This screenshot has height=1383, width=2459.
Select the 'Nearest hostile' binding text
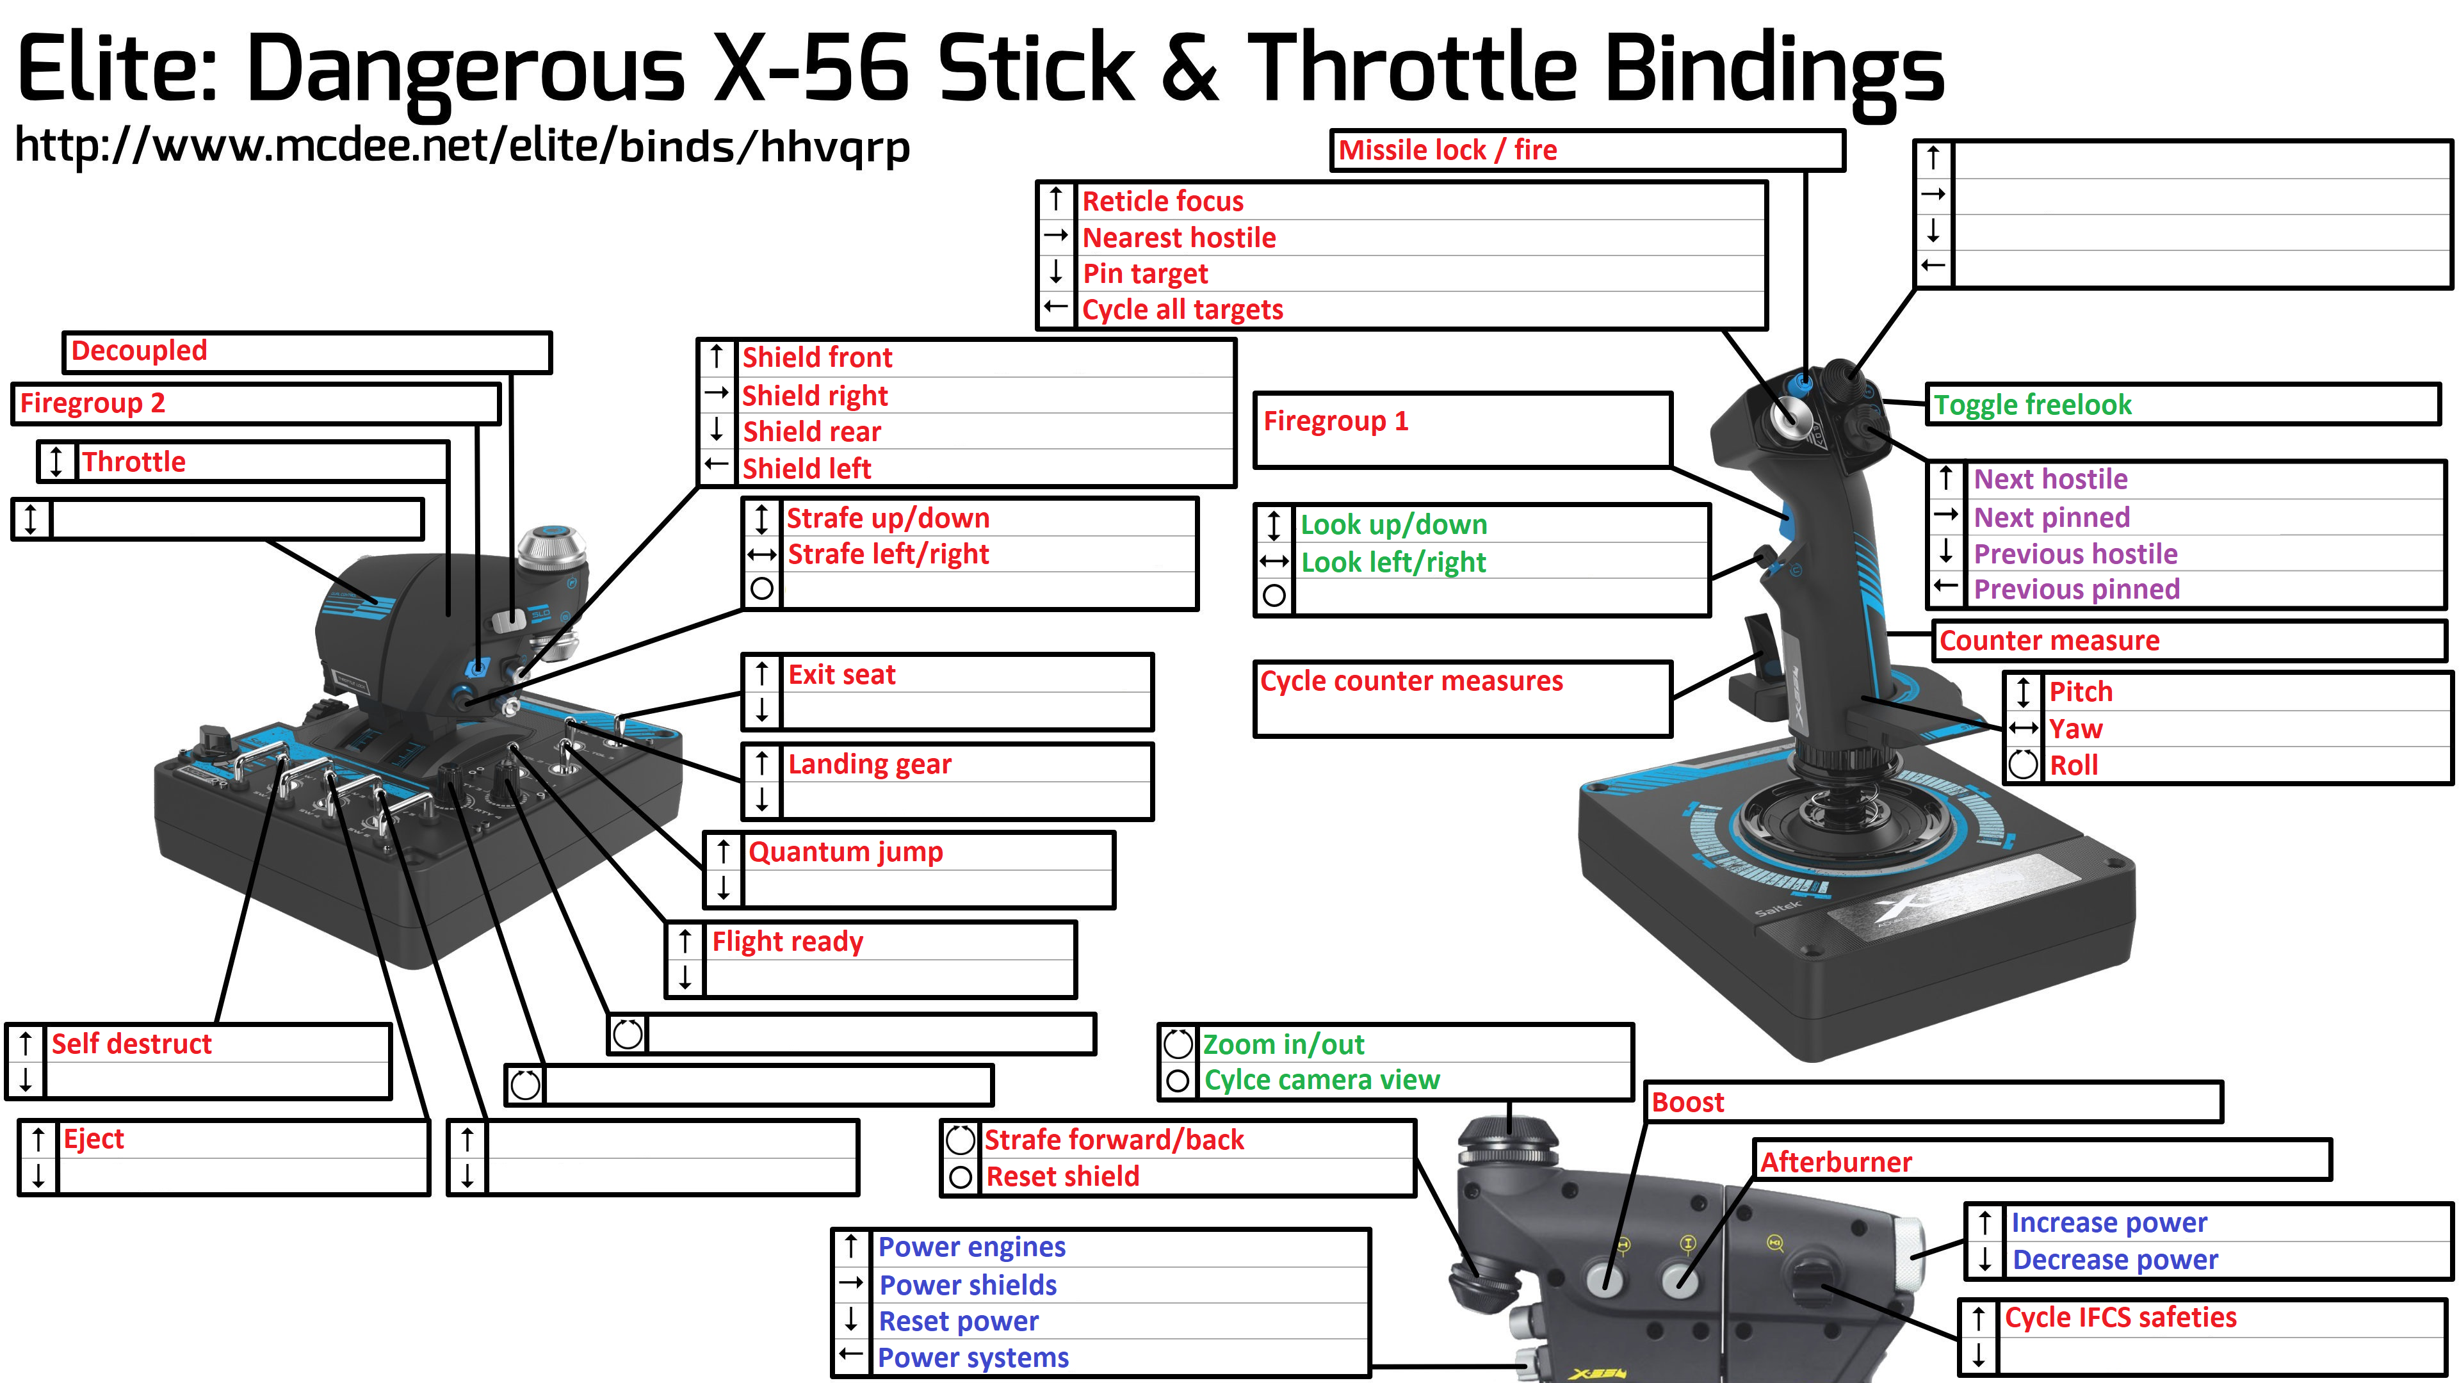point(1179,238)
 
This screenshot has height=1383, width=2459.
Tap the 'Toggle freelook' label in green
point(2033,405)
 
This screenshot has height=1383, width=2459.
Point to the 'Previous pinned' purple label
point(2076,589)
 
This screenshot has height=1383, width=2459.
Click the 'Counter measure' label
point(2049,640)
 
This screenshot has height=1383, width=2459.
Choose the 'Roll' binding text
point(2074,766)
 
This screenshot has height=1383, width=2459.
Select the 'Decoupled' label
point(140,352)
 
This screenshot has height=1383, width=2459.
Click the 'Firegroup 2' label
point(93,403)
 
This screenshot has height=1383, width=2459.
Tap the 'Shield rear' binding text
point(811,432)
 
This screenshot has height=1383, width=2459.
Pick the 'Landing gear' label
point(870,764)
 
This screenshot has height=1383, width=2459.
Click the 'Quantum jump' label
point(845,852)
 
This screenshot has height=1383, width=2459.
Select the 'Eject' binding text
point(93,1138)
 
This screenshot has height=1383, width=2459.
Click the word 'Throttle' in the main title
point(1412,69)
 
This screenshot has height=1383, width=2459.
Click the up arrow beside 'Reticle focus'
point(1056,200)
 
